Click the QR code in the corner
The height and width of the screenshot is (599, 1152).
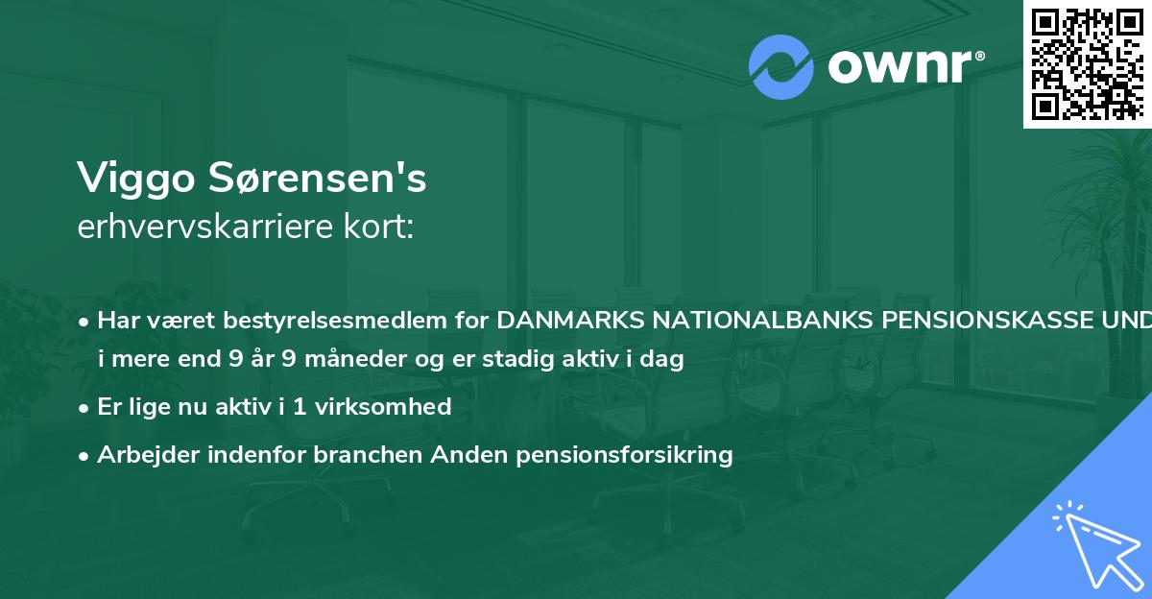click(1086, 63)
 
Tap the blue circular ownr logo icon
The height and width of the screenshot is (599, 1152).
click(781, 67)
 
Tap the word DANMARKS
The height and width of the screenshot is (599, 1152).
click(570, 321)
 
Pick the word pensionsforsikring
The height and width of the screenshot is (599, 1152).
click(624, 454)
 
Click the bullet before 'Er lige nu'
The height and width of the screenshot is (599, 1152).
click(85, 406)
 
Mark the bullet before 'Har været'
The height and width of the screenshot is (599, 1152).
click(85, 321)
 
